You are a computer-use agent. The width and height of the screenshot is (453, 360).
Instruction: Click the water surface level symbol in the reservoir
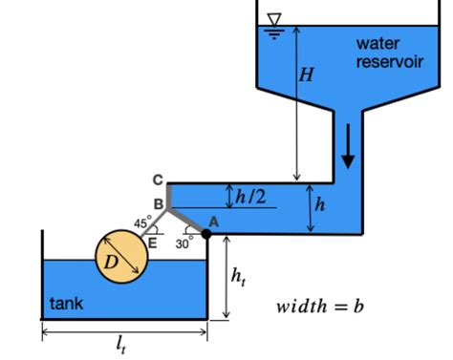pos(276,22)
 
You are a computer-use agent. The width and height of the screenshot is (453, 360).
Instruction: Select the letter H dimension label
pos(306,75)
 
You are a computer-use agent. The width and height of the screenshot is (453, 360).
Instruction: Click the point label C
pos(158,180)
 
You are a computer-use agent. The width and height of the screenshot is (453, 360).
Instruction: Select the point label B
pos(159,203)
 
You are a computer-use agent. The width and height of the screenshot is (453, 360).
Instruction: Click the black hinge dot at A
pos(205,233)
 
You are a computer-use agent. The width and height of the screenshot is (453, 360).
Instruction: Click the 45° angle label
pos(142,223)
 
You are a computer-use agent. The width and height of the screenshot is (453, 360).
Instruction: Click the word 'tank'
pos(66,305)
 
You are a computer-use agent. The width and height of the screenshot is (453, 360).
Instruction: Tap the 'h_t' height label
pos(239,276)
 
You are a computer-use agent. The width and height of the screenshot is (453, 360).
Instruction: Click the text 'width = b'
pos(320,307)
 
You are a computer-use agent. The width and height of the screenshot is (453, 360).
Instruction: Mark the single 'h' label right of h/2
pos(320,204)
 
